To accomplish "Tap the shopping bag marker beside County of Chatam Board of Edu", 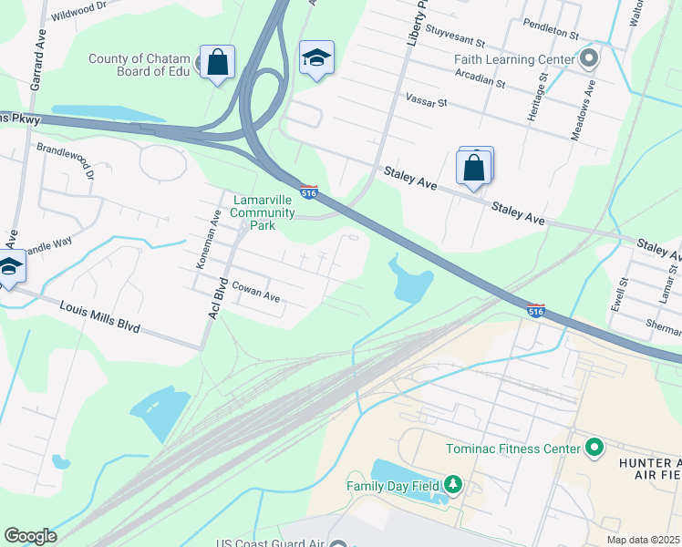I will click(217, 64).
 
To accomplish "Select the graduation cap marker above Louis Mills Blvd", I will click(9, 267).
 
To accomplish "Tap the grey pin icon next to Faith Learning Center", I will click(589, 60).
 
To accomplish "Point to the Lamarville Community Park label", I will click(263, 207).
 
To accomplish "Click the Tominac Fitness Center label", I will click(513, 449).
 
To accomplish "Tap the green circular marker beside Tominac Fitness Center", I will click(594, 448).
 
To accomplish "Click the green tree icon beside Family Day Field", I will click(453, 485).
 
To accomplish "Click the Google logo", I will click(30, 536).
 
